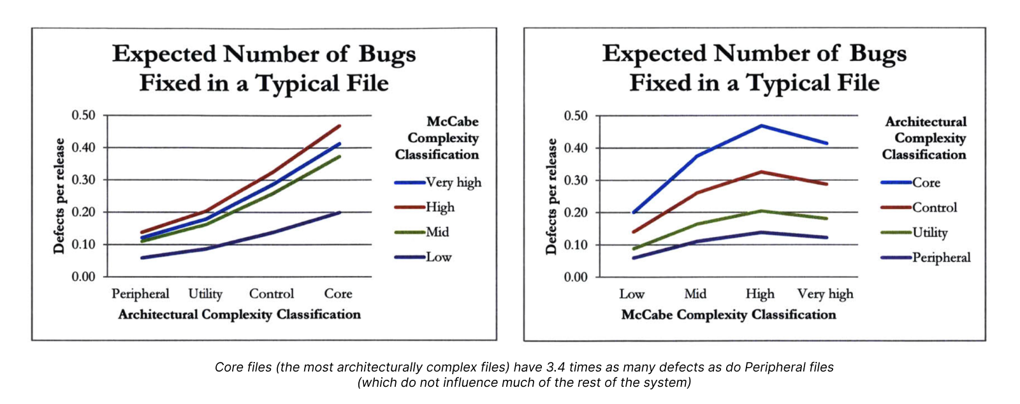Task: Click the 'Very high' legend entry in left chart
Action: [453, 182]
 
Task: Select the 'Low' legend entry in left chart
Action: [439, 257]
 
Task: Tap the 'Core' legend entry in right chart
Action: [926, 183]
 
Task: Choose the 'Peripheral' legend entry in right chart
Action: [941, 257]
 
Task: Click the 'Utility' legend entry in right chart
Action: [929, 233]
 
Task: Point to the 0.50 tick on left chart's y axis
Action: [83, 115]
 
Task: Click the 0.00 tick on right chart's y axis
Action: [576, 277]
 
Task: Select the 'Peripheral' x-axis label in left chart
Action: [140, 294]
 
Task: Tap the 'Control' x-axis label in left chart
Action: [272, 294]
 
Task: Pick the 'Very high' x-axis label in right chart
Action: [825, 294]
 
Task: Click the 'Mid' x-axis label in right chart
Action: [695, 294]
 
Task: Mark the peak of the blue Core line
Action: [761, 126]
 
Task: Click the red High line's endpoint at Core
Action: [340, 126]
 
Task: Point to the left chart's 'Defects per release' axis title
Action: [59, 196]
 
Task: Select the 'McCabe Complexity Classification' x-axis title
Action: [728, 315]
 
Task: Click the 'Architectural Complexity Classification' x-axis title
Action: [239, 315]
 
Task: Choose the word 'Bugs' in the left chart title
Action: [387, 55]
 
